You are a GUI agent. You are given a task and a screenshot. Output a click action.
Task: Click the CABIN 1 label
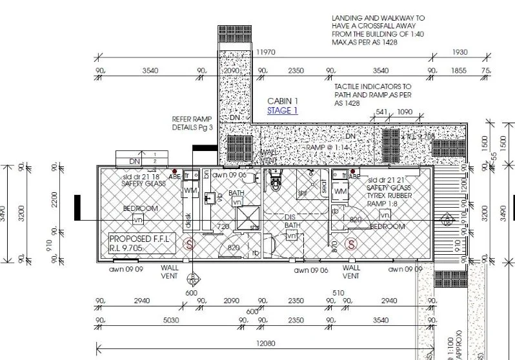click(x=283, y=101)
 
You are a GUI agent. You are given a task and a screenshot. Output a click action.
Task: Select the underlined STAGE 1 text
click(x=283, y=110)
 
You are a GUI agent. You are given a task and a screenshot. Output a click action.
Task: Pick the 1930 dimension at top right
click(x=460, y=51)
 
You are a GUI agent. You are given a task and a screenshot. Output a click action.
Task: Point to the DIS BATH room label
click(x=294, y=221)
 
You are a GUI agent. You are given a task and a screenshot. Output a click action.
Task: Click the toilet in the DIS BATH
click(x=276, y=180)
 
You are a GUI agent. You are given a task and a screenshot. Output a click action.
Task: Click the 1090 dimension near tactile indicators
click(x=404, y=112)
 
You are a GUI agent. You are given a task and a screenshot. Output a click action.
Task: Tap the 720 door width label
click(x=223, y=226)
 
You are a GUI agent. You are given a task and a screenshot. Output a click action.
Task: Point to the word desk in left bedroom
click(x=188, y=219)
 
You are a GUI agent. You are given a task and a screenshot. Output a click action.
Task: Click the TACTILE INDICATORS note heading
click(x=372, y=86)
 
